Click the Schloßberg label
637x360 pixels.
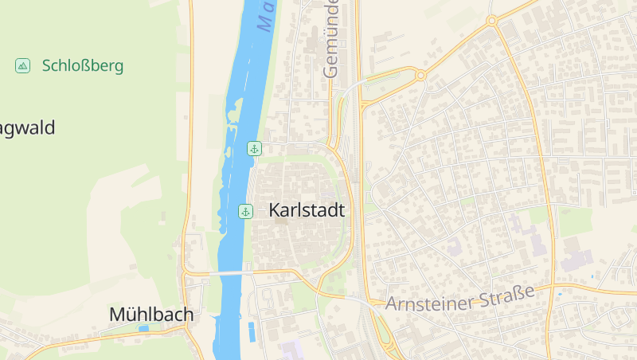coord(83,65)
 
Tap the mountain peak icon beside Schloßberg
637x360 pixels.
coord(23,65)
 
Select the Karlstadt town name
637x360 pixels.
coord(307,211)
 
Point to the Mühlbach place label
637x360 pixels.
coord(151,315)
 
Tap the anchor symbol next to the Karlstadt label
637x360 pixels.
coord(246,211)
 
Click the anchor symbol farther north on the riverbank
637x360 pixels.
coord(254,148)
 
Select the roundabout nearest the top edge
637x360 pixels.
coord(492,21)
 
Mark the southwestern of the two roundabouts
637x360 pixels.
coord(420,76)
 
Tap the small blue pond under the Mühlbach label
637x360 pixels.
coord(143,328)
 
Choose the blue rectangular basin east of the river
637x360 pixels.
coord(252,331)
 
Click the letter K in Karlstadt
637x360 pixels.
coord(276,211)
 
